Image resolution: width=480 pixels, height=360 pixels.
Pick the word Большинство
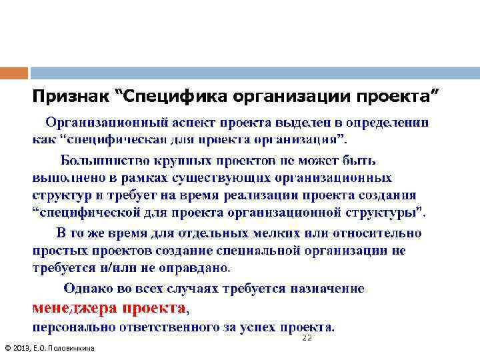(x=104, y=161)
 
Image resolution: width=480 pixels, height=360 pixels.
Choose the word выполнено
(x=65, y=179)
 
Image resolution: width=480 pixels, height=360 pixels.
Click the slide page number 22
(x=307, y=339)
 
